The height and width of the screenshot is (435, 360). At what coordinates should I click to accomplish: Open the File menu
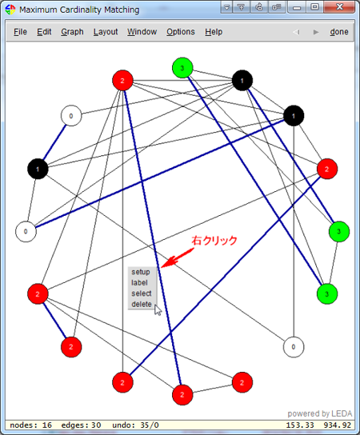click(20, 32)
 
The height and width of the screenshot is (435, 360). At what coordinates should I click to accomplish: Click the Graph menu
click(72, 32)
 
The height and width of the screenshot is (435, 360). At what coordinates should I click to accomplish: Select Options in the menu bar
click(181, 32)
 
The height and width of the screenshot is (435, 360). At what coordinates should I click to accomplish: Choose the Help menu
click(214, 32)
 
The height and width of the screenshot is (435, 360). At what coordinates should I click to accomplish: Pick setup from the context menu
click(141, 272)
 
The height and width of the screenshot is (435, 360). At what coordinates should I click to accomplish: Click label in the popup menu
click(139, 283)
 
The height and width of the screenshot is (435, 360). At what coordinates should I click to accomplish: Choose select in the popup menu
click(142, 293)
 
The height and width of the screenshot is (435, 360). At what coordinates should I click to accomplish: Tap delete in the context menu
click(142, 305)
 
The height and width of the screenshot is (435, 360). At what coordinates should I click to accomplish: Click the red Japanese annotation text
click(214, 240)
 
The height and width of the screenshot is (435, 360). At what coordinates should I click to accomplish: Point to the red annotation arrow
click(177, 258)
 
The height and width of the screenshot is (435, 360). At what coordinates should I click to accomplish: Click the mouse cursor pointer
click(158, 310)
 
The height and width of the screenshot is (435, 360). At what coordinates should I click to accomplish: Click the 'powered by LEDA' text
click(320, 413)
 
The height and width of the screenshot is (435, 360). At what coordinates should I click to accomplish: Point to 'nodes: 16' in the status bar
click(31, 425)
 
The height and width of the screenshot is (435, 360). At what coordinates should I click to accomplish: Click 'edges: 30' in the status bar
click(81, 425)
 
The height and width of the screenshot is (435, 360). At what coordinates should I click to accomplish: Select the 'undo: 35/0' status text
click(135, 425)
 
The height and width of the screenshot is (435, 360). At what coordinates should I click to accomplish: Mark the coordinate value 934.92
click(338, 425)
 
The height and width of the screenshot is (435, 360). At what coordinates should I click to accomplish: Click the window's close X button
click(339, 6)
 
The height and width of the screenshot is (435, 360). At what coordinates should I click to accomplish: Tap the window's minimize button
click(297, 7)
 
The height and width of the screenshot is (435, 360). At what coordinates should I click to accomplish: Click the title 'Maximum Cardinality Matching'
click(79, 10)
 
